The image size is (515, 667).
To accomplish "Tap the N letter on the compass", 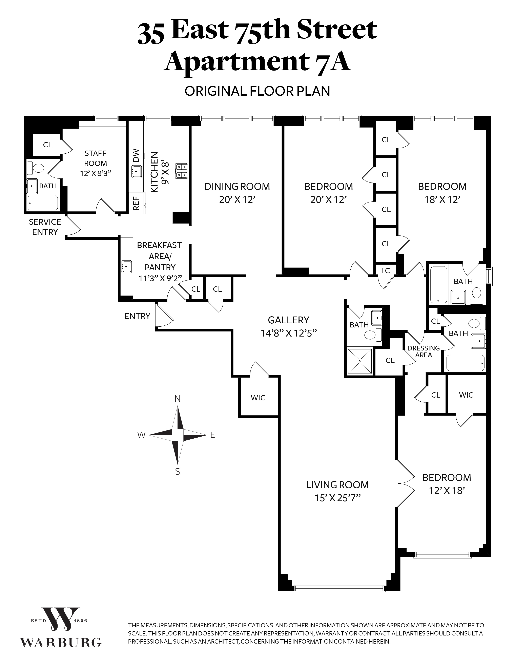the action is click(x=177, y=399).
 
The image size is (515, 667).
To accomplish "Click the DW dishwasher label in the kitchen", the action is click(x=136, y=155).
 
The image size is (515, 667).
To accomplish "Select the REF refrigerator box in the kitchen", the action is click(x=136, y=203).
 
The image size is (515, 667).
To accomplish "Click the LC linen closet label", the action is click(x=385, y=271).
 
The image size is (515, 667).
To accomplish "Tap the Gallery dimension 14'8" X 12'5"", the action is click(x=289, y=333).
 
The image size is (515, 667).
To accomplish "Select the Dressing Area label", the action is click(x=424, y=351).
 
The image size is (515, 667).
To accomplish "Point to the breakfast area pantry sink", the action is click(x=126, y=266).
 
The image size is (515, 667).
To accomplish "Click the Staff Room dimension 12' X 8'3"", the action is click(x=96, y=173).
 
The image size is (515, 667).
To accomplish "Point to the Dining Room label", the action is click(x=237, y=186).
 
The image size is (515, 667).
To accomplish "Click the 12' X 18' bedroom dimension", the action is click(x=447, y=491).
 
